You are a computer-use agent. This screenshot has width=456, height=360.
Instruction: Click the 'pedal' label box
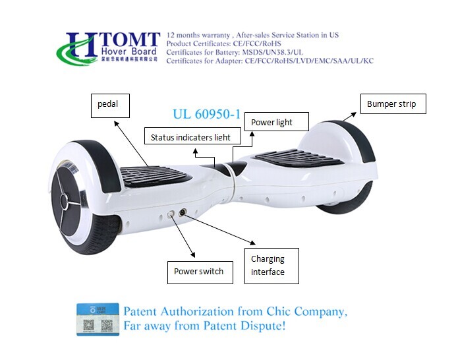point(109,105)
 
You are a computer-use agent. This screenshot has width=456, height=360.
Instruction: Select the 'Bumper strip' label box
point(391,104)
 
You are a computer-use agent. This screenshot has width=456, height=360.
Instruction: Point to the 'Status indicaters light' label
point(190,137)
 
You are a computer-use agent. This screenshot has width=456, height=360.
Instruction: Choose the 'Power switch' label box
point(200,271)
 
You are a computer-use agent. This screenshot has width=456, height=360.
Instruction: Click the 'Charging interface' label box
point(271,266)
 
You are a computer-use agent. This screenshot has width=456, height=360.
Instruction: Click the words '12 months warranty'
point(198,34)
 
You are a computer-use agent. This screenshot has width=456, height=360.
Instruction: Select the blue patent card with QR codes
point(98,318)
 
